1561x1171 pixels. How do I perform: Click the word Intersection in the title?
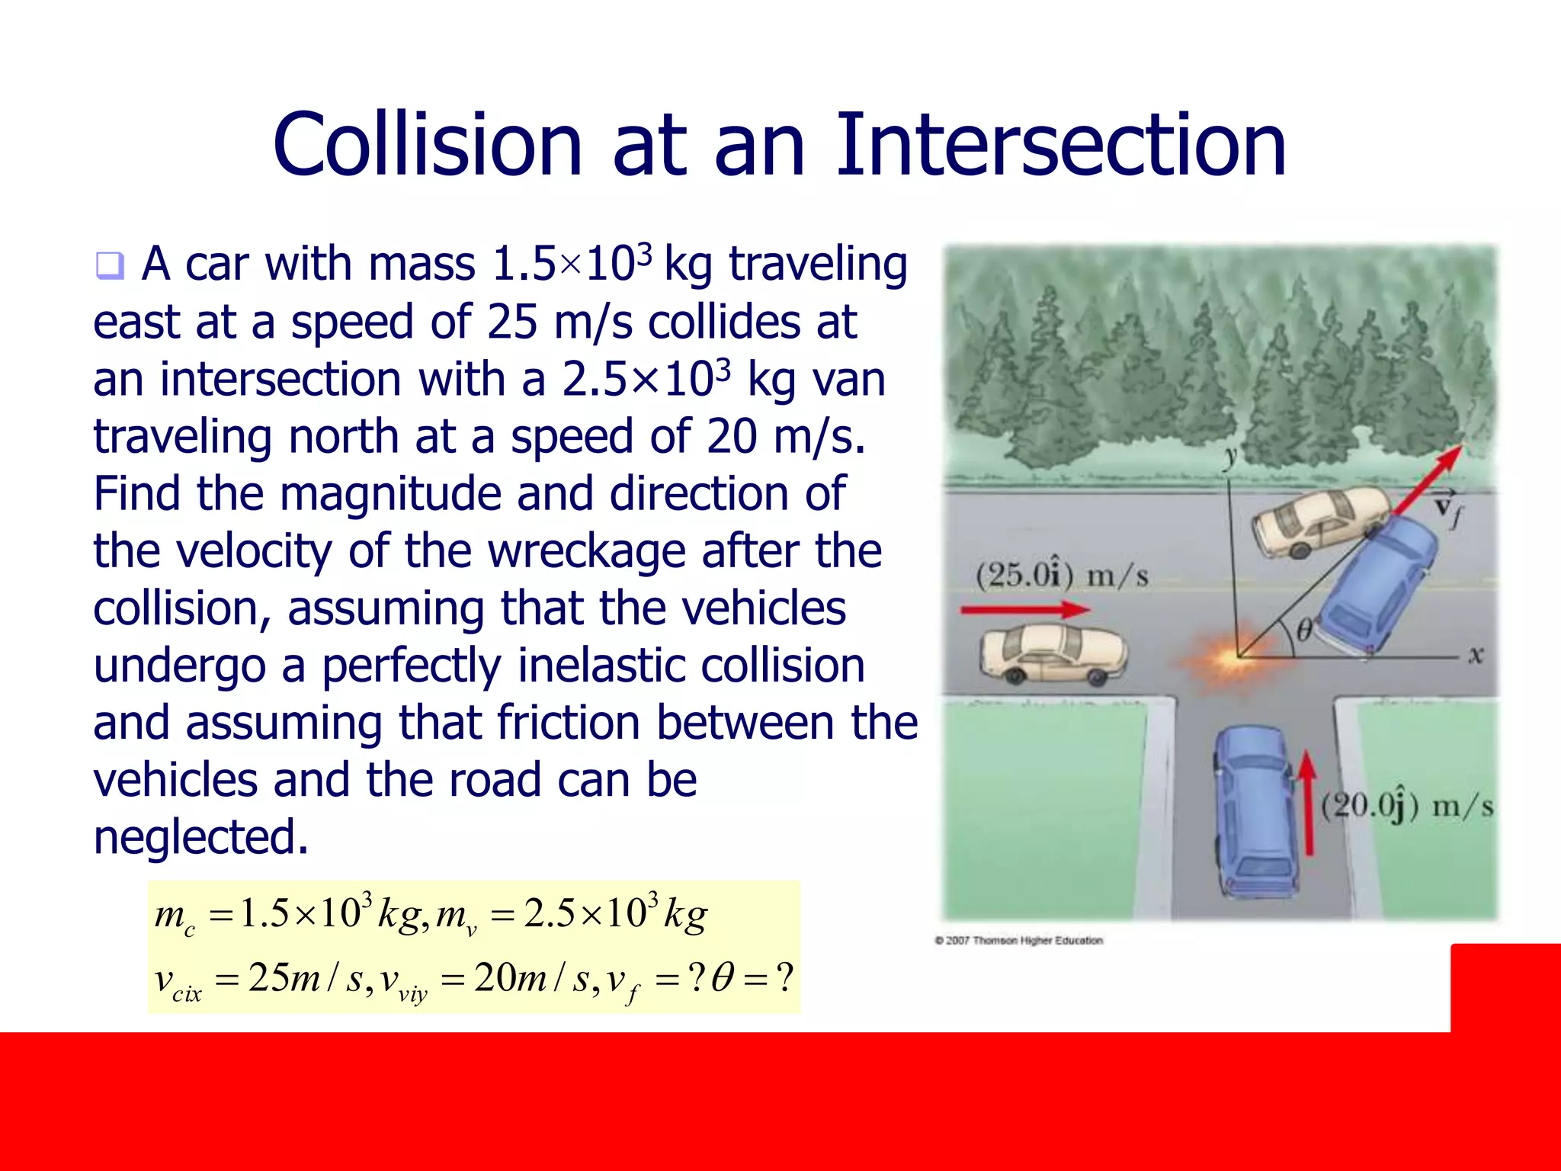(x=1061, y=145)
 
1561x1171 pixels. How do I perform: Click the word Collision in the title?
(x=427, y=145)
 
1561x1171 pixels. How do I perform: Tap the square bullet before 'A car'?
(x=109, y=266)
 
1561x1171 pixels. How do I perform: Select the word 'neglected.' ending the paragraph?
(x=201, y=837)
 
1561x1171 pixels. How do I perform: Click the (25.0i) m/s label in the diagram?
(x=1062, y=575)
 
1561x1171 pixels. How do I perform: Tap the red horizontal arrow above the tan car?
(x=1024, y=609)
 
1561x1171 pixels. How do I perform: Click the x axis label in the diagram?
(x=1476, y=655)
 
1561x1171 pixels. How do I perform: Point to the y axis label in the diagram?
(x=1229, y=457)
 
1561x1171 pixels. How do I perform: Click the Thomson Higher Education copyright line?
(x=1019, y=940)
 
